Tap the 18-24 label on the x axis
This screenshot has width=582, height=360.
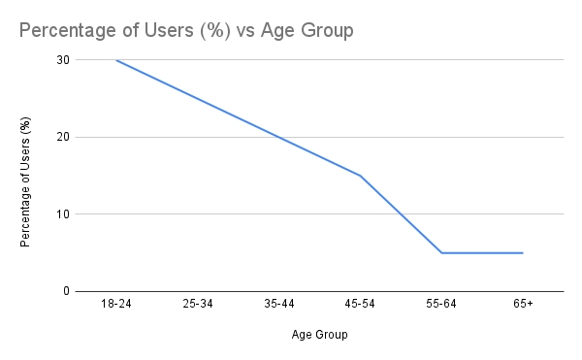(x=115, y=304)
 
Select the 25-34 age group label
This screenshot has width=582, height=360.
(x=197, y=304)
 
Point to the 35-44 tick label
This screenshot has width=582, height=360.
(x=278, y=304)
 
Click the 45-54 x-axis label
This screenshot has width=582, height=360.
(x=360, y=304)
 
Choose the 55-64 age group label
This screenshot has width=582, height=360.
(x=441, y=304)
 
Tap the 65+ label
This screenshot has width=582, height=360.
(x=522, y=304)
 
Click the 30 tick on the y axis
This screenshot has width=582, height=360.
(x=62, y=59)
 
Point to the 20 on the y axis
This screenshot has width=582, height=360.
(x=62, y=137)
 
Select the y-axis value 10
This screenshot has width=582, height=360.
(x=62, y=213)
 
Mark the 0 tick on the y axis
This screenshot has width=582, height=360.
(x=65, y=291)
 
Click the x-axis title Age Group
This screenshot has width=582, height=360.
(x=319, y=336)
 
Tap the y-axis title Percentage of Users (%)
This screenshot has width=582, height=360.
(x=26, y=181)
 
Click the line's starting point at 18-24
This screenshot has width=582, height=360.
(x=115, y=59)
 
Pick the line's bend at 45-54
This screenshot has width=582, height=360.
(x=360, y=176)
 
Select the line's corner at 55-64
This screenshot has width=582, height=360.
(x=441, y=252)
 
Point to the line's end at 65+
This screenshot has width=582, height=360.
(x=522, y=252)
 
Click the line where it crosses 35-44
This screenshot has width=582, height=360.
(x=278, y=137)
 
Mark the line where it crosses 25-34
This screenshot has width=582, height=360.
(x=197, y=98)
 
